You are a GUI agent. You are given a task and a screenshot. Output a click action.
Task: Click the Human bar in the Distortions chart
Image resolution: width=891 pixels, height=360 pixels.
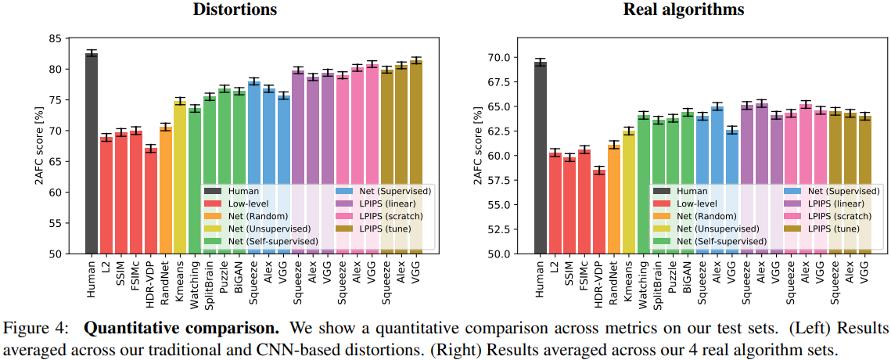(92, 153)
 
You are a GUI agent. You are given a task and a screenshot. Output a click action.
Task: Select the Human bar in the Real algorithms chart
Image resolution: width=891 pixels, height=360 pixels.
(541, 157)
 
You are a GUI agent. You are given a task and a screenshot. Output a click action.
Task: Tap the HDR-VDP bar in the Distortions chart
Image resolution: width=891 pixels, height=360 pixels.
(151, 200)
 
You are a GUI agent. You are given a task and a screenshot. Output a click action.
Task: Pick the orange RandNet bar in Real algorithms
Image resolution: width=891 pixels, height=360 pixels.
(614, 199)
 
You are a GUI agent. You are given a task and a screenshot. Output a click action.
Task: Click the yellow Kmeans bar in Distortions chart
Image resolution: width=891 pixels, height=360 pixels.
(180, 177)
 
